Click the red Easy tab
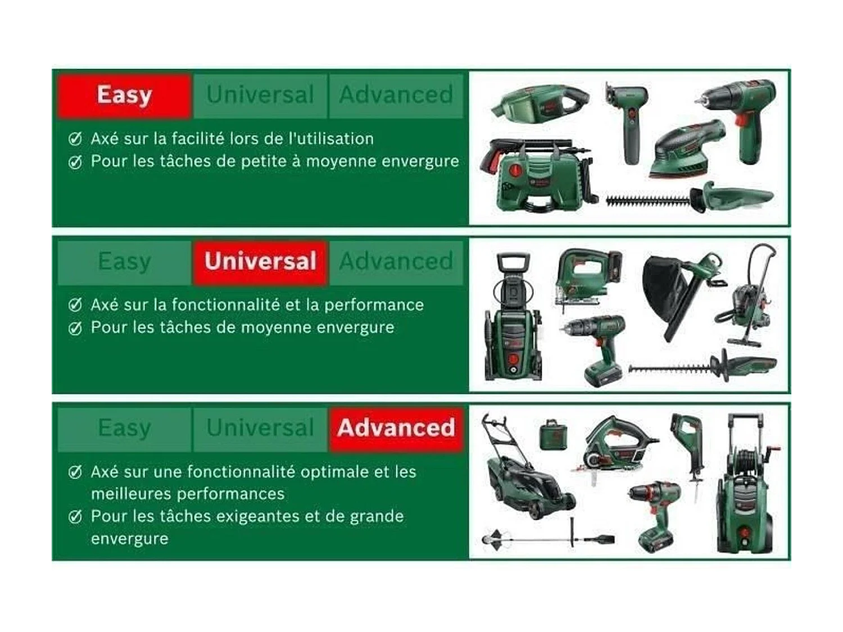click(x=124, y=95)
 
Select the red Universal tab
click(x=260, y=262)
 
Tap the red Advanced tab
click(x=396, y=428)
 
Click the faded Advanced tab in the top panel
click(x=396, y=95)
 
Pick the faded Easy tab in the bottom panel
click(x=124, y=428)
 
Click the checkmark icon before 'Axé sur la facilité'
click(x=75, y=139)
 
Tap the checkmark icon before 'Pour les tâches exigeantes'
click(x=75, y=517)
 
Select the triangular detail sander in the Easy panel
click(x=686, y=149)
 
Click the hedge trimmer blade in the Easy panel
click(x=646, y=199)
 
